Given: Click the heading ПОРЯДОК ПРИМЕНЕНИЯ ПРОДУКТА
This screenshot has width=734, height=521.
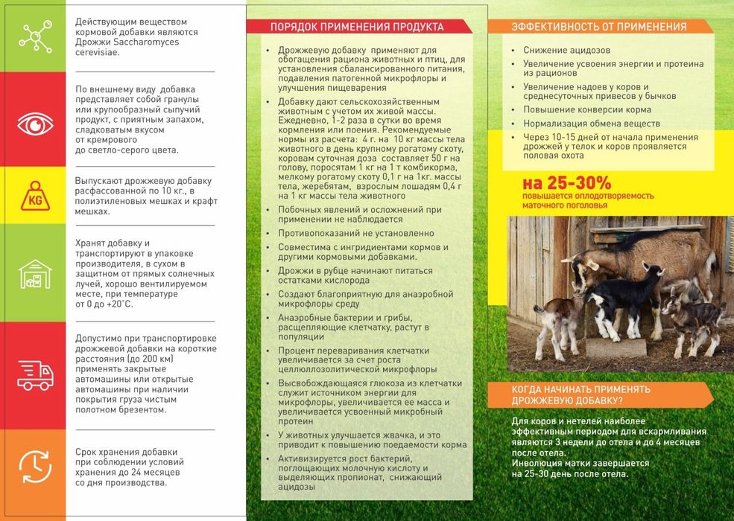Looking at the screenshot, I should [x=357, y=28].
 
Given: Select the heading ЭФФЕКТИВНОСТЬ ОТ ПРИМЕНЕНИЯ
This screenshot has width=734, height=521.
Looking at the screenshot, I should [x=599, y=28].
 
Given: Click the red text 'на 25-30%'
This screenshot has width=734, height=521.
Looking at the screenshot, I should [x=566, y=182].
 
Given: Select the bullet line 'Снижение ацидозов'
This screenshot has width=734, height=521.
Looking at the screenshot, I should [x=566, y=50].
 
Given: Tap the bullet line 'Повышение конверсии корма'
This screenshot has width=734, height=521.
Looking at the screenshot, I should [x=576, y=109].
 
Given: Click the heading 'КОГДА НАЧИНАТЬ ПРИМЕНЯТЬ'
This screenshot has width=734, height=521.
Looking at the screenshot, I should [x=580, y=389].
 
